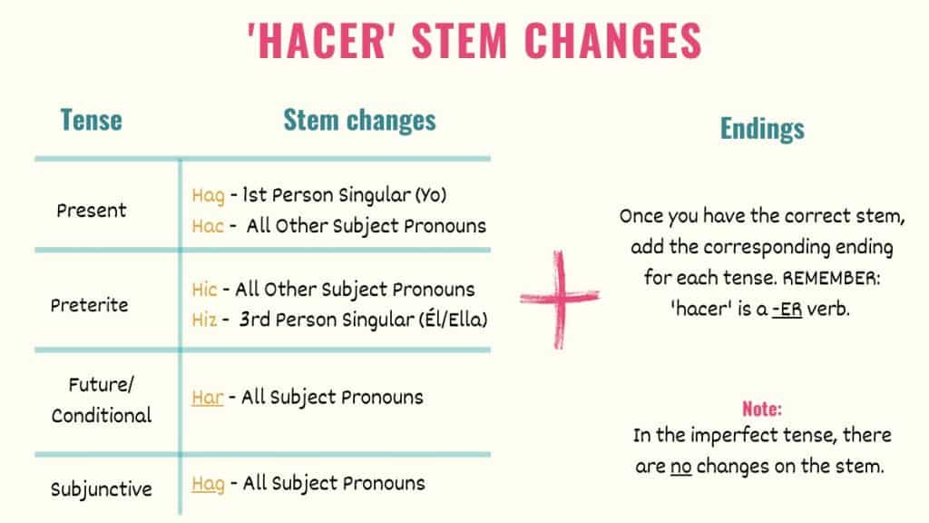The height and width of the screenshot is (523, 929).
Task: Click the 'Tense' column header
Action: coord(91,120)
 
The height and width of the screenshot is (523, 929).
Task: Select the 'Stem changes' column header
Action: coord(359,120)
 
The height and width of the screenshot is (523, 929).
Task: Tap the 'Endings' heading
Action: coord(762,129)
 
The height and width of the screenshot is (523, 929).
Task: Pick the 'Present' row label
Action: coord(92,211)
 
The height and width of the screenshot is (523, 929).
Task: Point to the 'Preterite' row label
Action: coord(89,305)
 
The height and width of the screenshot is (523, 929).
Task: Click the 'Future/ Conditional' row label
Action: coord(101,400)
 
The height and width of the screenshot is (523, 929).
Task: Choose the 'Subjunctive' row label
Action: coord(101,489)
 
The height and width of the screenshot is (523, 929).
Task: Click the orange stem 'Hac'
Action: coord(207,225)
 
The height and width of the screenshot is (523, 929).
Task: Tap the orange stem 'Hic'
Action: coord(205,290)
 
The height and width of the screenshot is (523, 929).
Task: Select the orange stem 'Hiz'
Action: coord(205,320)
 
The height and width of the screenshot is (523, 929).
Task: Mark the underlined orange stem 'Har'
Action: coord(208,397)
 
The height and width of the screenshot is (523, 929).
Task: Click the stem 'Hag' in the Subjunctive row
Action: coord(208,483)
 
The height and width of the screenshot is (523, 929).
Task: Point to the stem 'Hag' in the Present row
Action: coord(208,195)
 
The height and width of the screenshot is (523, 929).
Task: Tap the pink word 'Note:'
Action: coord(762,408)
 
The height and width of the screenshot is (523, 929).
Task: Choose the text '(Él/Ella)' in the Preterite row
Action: coord(453,320)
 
